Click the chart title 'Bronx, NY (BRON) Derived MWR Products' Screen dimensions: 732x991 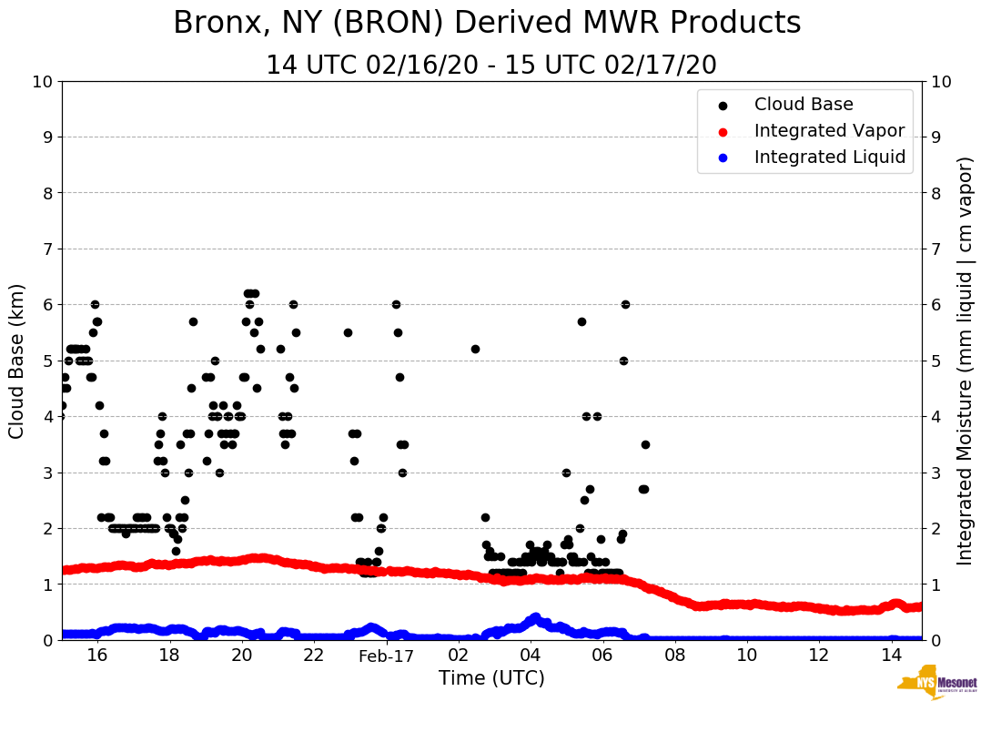tap(487, 24)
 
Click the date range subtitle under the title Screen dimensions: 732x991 tap(491, 66)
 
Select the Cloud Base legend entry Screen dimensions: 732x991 tap(804, 105)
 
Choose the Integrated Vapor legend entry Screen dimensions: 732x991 tap(829, 131)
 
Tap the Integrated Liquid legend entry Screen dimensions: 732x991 tap(829, 158)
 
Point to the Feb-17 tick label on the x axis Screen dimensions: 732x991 tap(386, 656)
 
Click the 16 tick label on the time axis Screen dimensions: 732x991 tap(97, 656)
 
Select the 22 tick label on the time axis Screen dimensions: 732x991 tap(314, 656)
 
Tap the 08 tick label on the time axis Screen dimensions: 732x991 tap(674, 656)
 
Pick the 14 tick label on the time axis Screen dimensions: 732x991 tap(891, 656)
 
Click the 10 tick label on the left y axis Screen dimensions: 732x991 tap(42, 82)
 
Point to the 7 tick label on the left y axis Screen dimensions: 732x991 tap(47, 249)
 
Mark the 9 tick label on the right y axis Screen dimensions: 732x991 tap(936, 137)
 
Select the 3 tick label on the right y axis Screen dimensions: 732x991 tap(936, 473)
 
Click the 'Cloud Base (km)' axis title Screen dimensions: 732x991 tap(17, 361)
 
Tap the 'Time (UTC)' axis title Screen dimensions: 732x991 tap(491, 678)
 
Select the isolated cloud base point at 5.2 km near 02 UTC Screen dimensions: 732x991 tap(475, 349)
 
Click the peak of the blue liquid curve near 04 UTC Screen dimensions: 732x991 tap(535, 616)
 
